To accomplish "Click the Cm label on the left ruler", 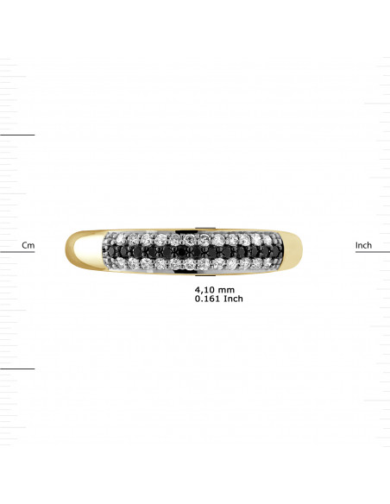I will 28,246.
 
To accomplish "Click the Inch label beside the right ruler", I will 363,246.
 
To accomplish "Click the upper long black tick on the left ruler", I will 17,135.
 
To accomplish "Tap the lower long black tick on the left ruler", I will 17,369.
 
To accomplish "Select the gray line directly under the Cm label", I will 17,253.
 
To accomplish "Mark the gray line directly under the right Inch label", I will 373,253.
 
